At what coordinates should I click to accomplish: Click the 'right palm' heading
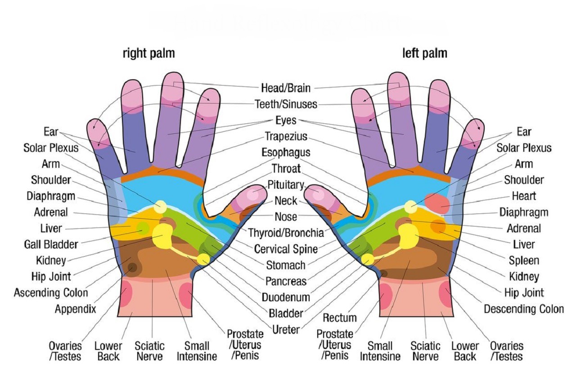[148, 54]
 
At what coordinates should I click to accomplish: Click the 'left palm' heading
[424, 54]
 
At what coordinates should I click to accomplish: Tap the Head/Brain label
[286, 88]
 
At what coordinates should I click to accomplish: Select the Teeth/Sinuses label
[286, 104]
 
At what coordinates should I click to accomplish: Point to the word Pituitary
[286, 185]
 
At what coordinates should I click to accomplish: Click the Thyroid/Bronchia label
[286, 233]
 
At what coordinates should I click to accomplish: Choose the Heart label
[524, 196]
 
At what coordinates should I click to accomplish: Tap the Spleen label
[524, 260]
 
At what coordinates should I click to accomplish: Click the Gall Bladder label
[51, 245]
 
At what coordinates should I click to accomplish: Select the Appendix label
[75, 309]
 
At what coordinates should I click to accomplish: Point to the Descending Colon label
[523, 309]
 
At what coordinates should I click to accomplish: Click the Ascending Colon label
[51, 293]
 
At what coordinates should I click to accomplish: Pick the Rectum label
[340, 317]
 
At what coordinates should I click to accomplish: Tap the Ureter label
[286, 330]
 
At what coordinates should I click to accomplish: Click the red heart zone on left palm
[436, 203]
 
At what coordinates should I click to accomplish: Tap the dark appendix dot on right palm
[132, 268]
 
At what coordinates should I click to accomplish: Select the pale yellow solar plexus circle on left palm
[410, 207]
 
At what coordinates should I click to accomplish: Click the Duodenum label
[286, 297]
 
